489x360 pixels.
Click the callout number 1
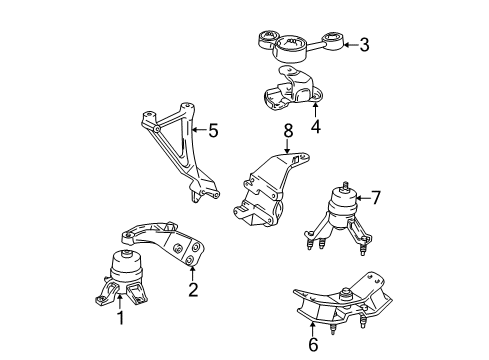pos(121,318)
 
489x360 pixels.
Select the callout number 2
pos(193,289)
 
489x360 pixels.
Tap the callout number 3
pos(364,45)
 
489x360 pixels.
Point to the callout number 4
pos(315,127)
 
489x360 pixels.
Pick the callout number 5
pos(213,130)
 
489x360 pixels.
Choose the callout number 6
pos(313,344)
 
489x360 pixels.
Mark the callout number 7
pos(376,197)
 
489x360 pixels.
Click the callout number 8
pos(288,130)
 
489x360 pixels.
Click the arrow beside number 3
pos(350,45)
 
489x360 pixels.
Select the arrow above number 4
pos(315,110)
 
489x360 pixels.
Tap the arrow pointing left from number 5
pos(200,130)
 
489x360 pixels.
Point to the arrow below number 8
pos(287,146)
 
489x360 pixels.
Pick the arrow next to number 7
pos(362,198)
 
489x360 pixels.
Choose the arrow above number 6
pos(312,329)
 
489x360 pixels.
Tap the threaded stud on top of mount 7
pos(344,186)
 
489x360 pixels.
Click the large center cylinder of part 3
pos(290,49)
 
